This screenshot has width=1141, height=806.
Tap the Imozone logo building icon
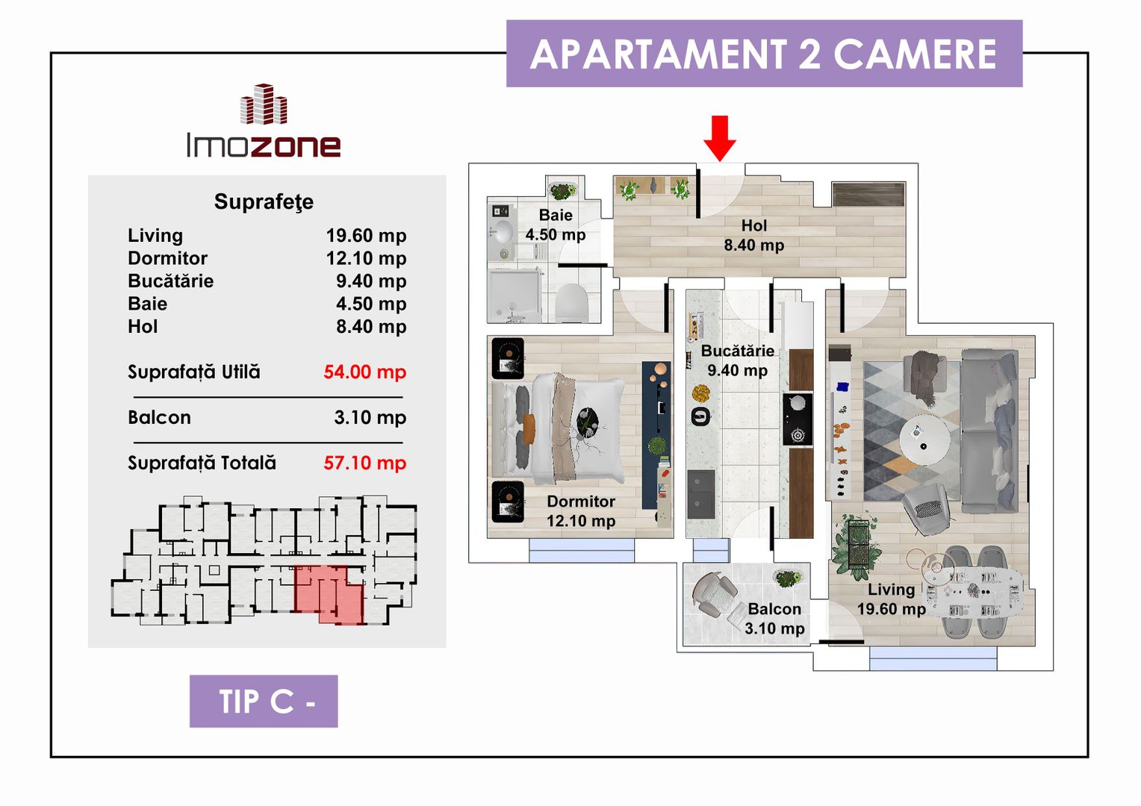264,104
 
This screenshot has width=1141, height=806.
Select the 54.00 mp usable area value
364,372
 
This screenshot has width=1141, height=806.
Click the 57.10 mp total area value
364,463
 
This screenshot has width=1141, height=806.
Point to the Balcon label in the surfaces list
160,417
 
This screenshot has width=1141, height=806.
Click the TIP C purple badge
264,701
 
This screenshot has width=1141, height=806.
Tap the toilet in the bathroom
571,302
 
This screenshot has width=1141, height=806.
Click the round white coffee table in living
924,440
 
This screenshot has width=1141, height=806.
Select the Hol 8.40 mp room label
754,235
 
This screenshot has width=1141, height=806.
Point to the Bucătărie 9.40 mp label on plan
738,360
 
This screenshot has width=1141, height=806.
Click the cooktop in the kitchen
798,419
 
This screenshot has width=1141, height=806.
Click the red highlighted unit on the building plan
329,594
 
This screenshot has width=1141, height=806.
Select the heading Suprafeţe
264,201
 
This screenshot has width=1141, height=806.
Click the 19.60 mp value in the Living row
366,236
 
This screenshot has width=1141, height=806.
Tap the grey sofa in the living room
989,431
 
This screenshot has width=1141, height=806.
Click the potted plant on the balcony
788,578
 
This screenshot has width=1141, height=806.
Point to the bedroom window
581,551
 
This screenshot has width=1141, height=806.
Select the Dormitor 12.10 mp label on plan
581,511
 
